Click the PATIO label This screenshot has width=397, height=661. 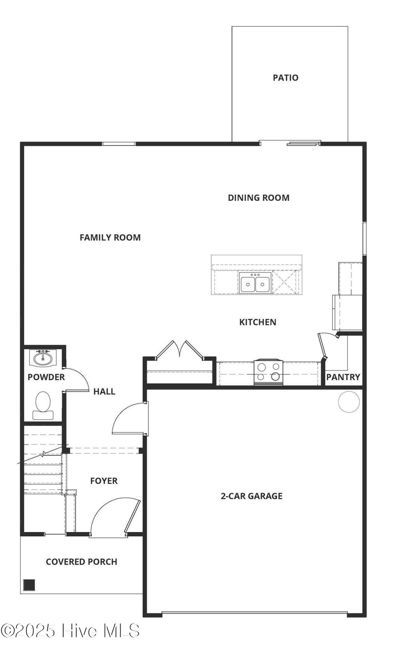285,78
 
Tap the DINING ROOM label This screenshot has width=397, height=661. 259,198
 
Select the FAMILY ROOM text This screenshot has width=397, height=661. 110,237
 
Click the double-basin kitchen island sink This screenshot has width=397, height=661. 255,282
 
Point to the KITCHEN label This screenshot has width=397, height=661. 258,322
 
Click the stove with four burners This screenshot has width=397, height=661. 268,372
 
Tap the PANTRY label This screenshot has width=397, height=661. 343,377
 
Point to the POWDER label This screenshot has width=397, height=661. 46,377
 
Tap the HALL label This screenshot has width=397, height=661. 104,391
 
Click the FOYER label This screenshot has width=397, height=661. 104,481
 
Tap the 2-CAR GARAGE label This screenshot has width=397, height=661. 252,496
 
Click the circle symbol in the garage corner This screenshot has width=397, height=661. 349,402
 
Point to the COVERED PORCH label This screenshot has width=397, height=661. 81,562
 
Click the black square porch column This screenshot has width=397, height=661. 29,585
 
